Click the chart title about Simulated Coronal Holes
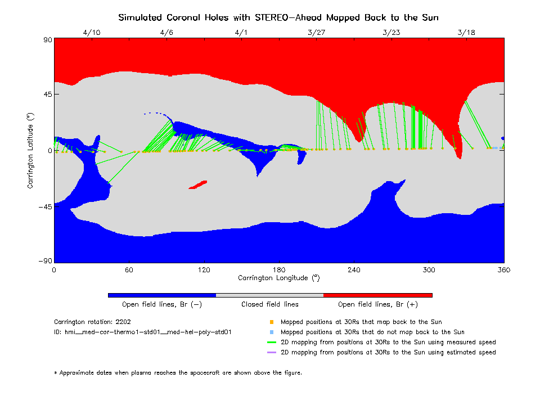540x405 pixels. coord(278,17)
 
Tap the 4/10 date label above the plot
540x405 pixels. coord(91,33)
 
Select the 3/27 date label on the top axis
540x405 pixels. coord(316,33)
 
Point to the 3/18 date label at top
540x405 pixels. coord(466,33)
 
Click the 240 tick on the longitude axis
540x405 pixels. coord(354,270)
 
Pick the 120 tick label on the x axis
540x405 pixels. coord(204,270)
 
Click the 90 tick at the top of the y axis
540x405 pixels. coord(47,39)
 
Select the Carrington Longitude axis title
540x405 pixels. coord(278,278)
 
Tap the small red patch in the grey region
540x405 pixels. coord(197,184)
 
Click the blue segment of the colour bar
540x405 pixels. coord(161,295)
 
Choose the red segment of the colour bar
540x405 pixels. coord(377,295)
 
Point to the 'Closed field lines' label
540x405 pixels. coord(270,305)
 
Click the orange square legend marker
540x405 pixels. coord(271,322)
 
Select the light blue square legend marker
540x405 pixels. coord(271,332)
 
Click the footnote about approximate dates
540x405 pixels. coord(178,372)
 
